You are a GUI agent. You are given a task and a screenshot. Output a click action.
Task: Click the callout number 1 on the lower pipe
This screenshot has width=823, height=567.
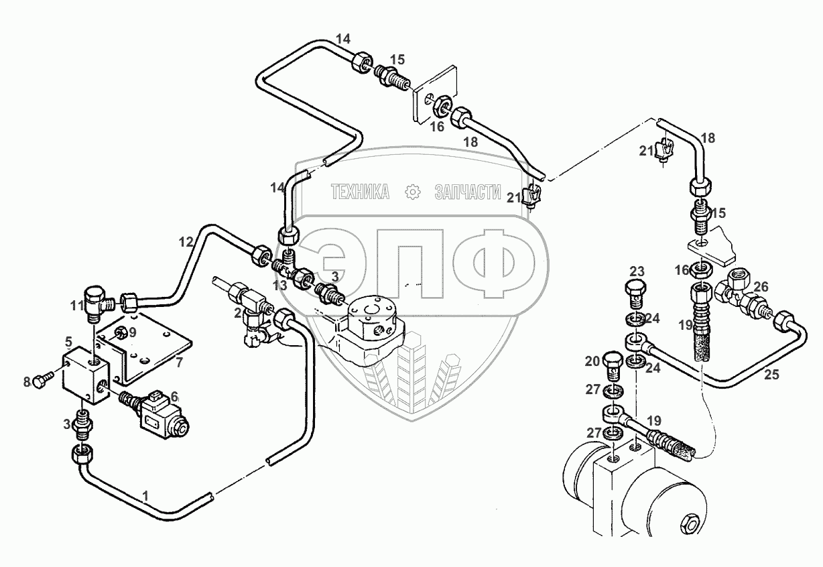click(144, 495)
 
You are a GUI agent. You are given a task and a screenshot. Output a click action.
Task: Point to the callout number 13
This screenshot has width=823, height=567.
click(280, 286)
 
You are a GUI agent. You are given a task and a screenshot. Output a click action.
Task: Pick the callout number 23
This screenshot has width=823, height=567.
click(637, 271)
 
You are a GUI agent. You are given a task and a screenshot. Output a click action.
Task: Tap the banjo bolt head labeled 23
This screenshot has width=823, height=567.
click(635, 291)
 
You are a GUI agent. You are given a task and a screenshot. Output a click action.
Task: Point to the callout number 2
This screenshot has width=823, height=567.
click(238, 312)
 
